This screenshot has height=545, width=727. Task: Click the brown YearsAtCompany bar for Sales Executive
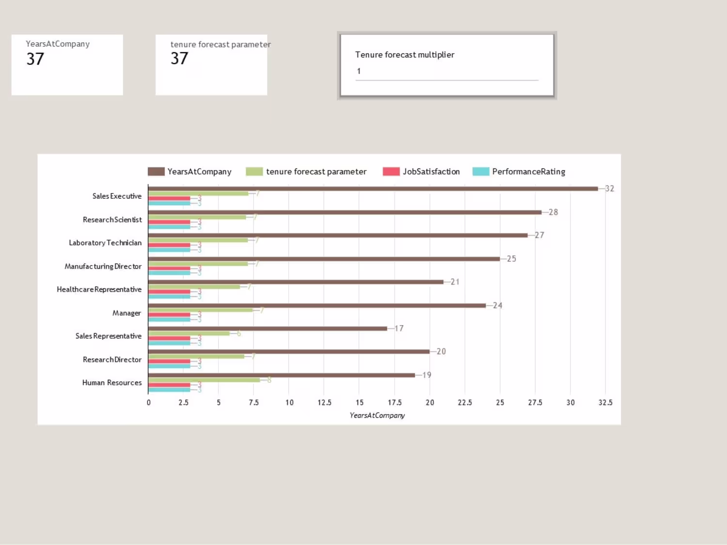coord(373,188)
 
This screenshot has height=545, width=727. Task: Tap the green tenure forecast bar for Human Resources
coord(204,380)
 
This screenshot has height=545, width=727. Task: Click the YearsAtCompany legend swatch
coord(156,171)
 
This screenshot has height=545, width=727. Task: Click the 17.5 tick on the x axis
coord(395,403)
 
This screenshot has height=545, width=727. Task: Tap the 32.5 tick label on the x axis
coord(605,403)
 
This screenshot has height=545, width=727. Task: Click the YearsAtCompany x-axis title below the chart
coord(377,416)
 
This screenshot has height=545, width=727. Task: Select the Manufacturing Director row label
coord(103,266)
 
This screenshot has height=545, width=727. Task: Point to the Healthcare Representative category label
coord(99,290)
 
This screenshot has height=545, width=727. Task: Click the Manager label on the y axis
coord(126,313)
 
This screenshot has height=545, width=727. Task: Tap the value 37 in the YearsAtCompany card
coord(35,59)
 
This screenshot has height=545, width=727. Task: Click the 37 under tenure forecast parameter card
coord(179,59)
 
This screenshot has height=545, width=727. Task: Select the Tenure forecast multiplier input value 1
coord(359,71)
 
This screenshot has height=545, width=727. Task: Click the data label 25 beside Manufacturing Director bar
coord(511,259)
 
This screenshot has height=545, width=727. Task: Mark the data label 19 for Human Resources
coord(427,375)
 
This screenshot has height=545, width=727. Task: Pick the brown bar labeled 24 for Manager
coord(317,305)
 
